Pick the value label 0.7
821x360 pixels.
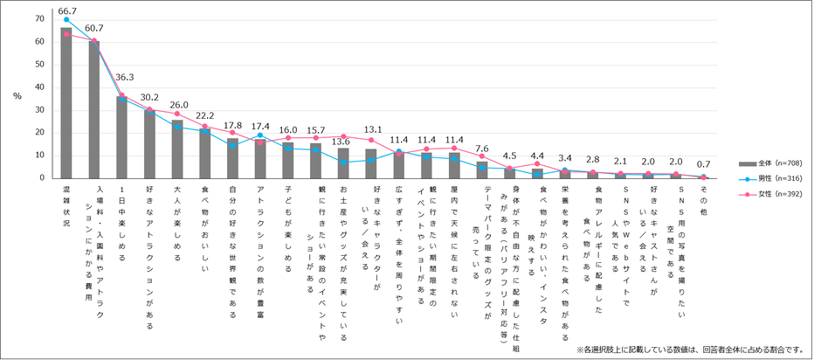tap(703, 164)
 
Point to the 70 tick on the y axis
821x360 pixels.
tap(39, 19)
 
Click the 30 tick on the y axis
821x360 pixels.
tap(39, 110)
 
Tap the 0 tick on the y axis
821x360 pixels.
tap(42, 178)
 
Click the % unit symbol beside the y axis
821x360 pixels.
tap(16, 96)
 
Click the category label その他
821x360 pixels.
tap(703, 197)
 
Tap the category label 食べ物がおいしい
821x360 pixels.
tap(205, 229)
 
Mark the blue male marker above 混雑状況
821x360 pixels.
tap(66, 19)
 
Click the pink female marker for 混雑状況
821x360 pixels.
tap(66, 34)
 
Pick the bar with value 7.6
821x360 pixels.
tap(482, 170)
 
